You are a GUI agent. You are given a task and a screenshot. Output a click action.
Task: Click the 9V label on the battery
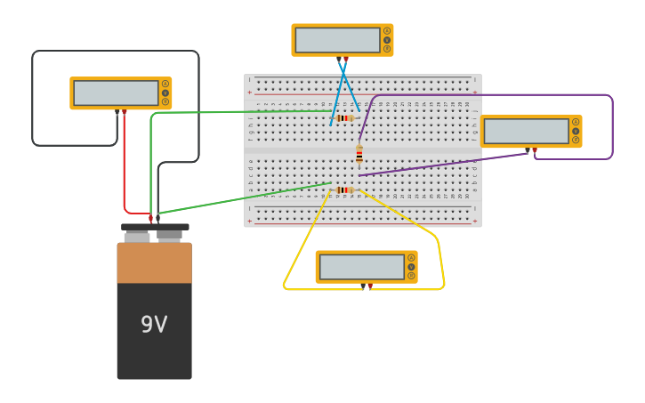154,325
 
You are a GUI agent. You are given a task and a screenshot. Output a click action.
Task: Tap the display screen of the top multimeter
337,40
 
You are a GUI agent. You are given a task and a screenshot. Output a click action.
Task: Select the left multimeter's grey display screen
116,93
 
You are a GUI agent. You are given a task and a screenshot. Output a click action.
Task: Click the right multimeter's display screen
526,131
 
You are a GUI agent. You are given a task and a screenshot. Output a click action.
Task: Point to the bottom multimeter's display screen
361,267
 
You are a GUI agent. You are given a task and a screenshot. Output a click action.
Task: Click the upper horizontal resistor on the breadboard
344,117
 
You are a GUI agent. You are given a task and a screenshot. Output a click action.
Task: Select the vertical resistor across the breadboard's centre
359,155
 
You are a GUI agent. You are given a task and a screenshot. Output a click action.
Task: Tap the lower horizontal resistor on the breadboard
344,189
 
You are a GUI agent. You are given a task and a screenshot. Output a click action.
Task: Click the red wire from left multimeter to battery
124,169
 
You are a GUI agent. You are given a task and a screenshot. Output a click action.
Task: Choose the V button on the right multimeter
576,131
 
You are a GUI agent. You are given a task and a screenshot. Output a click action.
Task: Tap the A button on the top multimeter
387,31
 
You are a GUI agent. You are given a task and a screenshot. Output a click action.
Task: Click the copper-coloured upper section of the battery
154,262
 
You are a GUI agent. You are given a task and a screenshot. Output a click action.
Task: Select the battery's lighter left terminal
137,237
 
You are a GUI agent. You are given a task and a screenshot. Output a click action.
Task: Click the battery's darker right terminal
170,235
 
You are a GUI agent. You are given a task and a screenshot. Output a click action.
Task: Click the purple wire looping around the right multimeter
612,125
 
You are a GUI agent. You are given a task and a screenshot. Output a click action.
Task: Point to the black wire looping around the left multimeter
33,98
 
